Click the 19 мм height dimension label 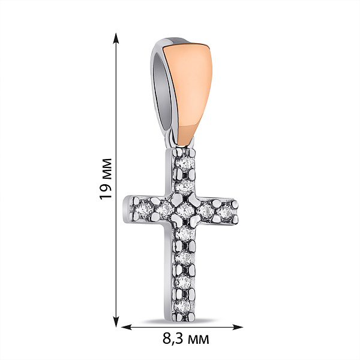pos(106,179)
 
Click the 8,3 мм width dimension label pos(186,338)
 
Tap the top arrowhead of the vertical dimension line pos(116,38)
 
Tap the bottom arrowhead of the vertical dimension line pos(116,322)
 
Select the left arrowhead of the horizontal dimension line pos(127,327)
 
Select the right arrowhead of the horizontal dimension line pos(238,327)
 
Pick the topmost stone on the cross pos(184,163)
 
